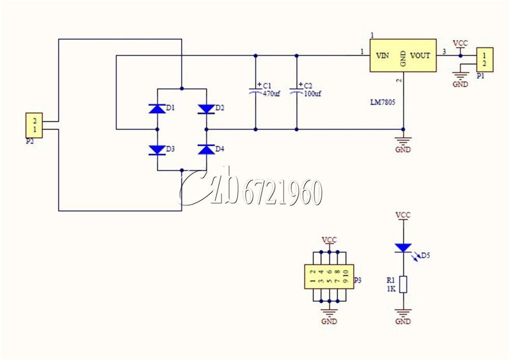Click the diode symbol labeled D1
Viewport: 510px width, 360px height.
tap(157, 109)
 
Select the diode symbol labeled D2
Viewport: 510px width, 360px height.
tap(206, 109)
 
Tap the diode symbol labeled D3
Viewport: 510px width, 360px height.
tap(157, 150)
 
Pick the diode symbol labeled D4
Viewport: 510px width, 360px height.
tap(206, 149)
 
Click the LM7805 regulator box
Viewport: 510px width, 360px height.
tap(403, 55)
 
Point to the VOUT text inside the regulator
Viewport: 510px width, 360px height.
tap(420, 56)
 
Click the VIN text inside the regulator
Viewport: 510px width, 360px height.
tap(382, 56)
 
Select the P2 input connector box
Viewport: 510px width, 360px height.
tap(34, 125)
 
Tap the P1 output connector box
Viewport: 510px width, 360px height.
tap(485, 60)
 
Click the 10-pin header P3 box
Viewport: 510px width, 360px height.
tap(329, 277)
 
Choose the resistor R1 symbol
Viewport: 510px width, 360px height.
tap(403, 285)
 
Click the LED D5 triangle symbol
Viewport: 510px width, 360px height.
tap(403, 248)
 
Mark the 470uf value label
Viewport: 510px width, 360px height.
tap(271, 94)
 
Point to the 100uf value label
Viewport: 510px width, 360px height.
tap(312, 94)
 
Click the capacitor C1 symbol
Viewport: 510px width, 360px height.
tap(256, 90)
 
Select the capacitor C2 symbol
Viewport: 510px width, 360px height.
tap(296, 90)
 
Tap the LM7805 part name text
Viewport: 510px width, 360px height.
tap(383, 102)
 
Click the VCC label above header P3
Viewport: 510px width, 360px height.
tap(329, 240)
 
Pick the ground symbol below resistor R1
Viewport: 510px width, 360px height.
tap(403, 313)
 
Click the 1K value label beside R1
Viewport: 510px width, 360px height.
tap(391, 289)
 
